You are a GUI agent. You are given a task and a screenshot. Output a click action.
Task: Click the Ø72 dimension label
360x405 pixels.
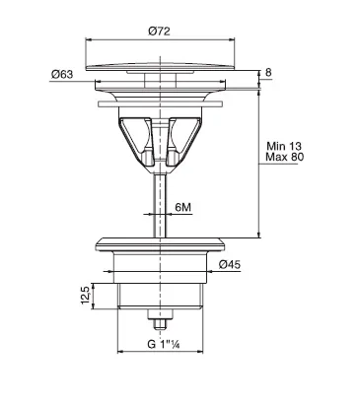(x=160, y=32)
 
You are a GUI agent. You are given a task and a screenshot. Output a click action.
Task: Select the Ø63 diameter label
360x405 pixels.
(x=62, y=74)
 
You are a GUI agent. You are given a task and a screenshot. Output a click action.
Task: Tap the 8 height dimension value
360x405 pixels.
(x=268, y=72)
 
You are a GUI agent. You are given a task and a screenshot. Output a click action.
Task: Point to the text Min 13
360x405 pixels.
(x=284, y=146)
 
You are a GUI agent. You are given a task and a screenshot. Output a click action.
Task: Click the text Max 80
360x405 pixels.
(x=285, y=157)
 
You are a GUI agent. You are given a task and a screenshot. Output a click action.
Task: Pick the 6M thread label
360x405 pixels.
(x=183, y=207)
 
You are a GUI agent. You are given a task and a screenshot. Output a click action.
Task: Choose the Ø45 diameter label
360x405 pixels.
(x=230, y=264)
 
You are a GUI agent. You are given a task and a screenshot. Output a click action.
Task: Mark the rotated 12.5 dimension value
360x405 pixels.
(x=86, y=295)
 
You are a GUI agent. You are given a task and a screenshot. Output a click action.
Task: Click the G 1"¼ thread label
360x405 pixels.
(x=164, y=344)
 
